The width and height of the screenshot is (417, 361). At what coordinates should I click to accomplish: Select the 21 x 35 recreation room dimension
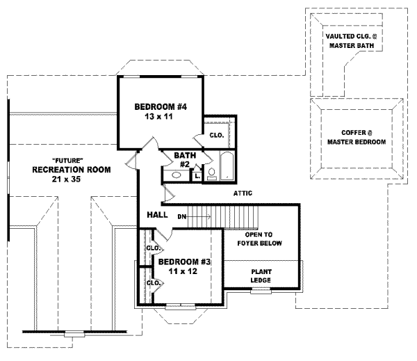pyautogui.click(x=70, y=180)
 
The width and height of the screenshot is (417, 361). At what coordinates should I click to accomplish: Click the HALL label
pyautogui.click(x=156, y=216)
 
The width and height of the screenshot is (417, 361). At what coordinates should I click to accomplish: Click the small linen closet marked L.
pyautogui.click(x=197, y=175)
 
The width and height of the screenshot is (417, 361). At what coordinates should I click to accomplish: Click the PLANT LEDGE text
pyautogui.click(x=261, y=275)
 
